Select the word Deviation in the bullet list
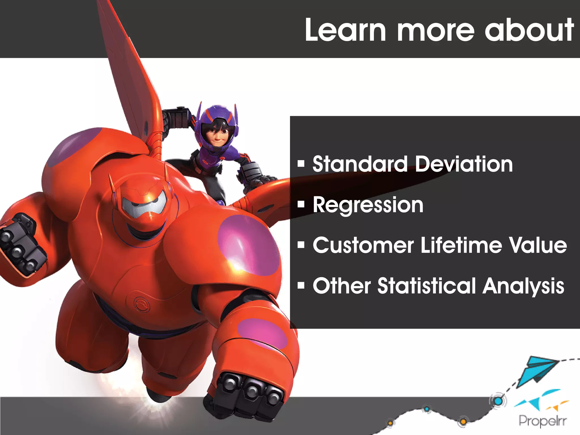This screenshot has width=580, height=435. pos(464,164)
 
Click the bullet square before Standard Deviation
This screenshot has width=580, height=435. pos(301,164)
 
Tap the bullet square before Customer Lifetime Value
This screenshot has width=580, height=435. pos(301,245)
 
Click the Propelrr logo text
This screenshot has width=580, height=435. pos(542,421)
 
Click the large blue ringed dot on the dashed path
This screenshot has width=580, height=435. pos(498,401)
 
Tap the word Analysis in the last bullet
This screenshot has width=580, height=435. pos(523,286)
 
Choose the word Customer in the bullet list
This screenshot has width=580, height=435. pos(363,245)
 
